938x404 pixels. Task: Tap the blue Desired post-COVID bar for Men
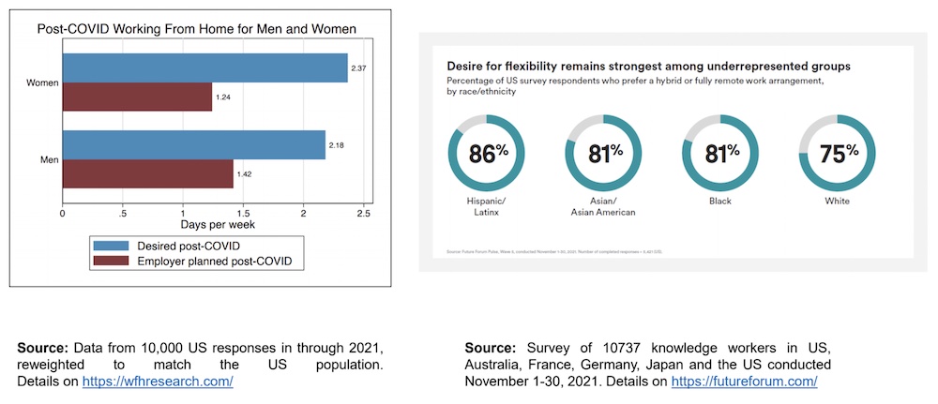click(x=194, y=145)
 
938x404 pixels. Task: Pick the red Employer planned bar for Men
click(x=147, y=173)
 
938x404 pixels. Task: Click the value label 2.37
click(x=359, y=68)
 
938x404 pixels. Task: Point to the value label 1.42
click(x=245, y=174)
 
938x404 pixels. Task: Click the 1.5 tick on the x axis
click(x=243, y=214)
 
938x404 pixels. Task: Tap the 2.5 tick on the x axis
click(x=363, y=214)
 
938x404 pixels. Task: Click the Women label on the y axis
click(x=41, y=83)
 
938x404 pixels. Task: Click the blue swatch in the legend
click(x=113, y=246)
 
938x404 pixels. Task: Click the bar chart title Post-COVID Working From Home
click(x=196, y=29)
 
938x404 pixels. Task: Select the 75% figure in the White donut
click(x=839, y=153)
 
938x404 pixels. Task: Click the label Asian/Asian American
click(x=603, y=205)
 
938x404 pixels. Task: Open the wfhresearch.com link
click(x=158, y=382)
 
